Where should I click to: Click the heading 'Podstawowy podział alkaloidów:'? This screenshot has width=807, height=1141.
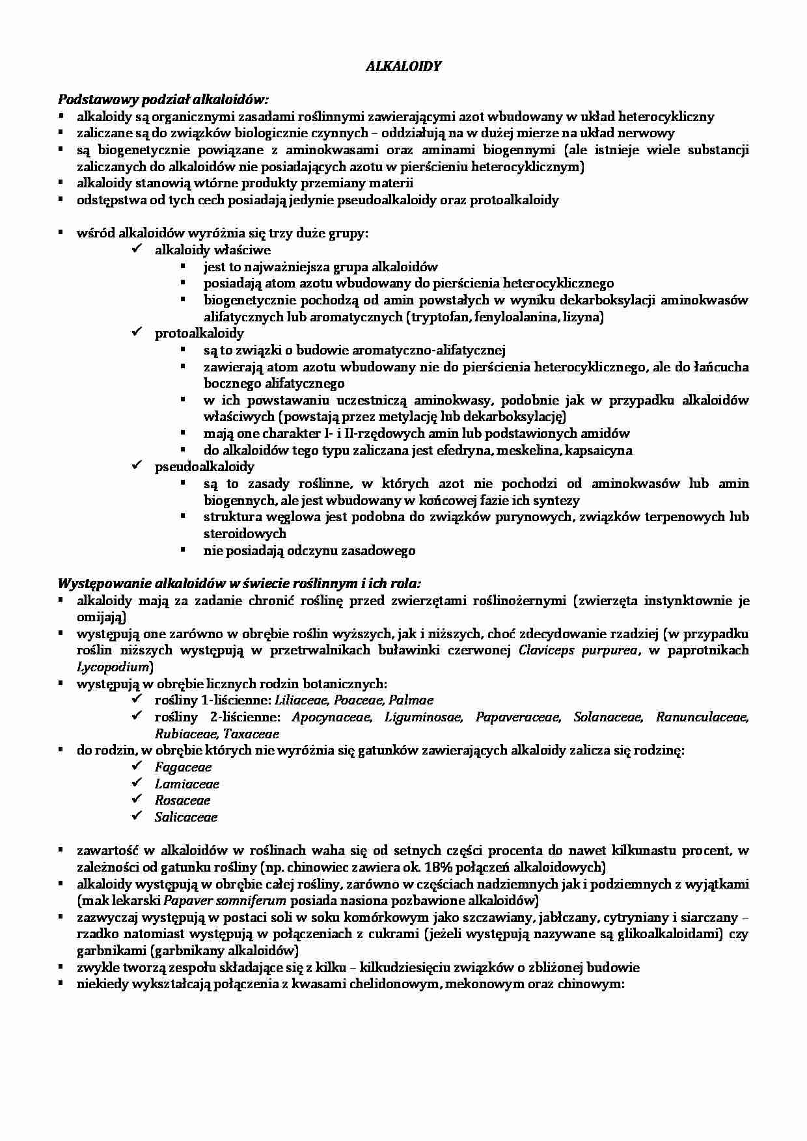pyautogui.click(x=163, y=100)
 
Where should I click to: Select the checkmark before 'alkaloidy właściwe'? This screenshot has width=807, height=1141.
pyautogui.click(x=137, y=249)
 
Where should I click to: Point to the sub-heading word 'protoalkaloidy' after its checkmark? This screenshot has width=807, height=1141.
pyautogui.click(x=199, y=334)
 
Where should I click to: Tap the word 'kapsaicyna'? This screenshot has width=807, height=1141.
pyautogui.click(x=599, y=450)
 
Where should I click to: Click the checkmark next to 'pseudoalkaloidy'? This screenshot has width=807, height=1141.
pyautogui.click(x=137, y=466)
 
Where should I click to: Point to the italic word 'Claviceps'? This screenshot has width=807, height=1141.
pyautogui.click(x=549, y=651)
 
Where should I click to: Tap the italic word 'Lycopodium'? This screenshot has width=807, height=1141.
pyautogui.click(x=113, y=667)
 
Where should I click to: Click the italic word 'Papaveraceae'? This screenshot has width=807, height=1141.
pyautogui.click(x=517, y=718)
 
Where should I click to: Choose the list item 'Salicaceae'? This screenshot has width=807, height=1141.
pyautogui.click(x=186, y=817)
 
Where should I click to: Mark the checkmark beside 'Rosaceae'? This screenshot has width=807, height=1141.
pyautogui.click(x=137, y=799)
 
